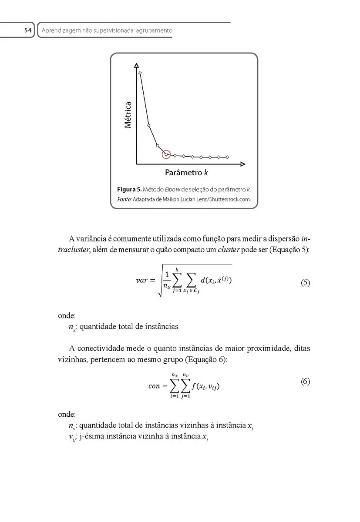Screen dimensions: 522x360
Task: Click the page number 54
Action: pos(28,30)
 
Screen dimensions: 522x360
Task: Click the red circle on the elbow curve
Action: pos(166,154)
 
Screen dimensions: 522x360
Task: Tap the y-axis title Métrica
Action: pos(128,115)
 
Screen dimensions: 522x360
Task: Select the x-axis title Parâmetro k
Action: pos(186,173)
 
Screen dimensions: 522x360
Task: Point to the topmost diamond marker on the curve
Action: pos(140,73)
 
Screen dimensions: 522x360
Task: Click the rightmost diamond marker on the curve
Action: pos(228,157)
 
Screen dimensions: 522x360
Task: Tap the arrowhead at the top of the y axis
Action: pos(137,66)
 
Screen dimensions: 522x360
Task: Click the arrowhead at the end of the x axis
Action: pos(243,164)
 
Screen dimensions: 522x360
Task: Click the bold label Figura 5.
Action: pos(129,190)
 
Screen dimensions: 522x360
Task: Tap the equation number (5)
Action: pos(305,283)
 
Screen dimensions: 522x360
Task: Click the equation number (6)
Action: pos(305,381)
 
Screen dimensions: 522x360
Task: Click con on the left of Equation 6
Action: pos(155,386)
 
